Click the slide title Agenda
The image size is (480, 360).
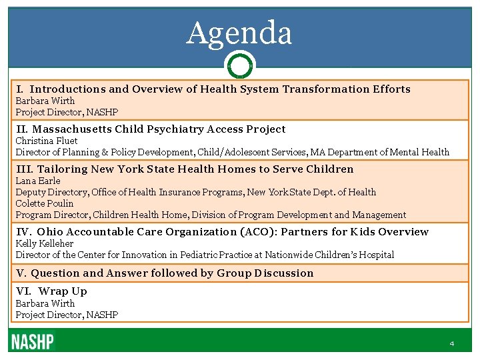click(239, 33)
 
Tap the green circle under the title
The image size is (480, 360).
click(239, 66)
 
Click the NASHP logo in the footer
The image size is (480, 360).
click(32, 342)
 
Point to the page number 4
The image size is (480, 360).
click(451, 343)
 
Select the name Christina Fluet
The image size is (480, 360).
click(47, 141)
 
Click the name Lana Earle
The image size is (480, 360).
click(38, 181)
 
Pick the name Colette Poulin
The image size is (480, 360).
click(45, 203)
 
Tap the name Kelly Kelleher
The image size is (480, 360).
click(44, 243)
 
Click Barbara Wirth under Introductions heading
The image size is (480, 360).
click(45, 101)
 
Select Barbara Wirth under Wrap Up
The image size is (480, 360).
click(45, 303)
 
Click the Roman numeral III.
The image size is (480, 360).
click(24, 169)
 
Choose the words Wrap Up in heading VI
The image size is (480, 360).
click(63, 291)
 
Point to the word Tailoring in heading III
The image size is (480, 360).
click(62, 169)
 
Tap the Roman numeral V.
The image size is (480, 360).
click(20, 273)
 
